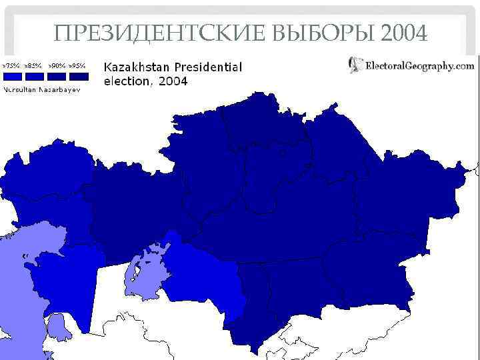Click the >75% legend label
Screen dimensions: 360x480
coord(11,66)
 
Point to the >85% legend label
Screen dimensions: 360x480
coord(33,66)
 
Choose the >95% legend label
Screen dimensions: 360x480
coord(78,66)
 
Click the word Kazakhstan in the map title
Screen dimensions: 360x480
coord(137,67)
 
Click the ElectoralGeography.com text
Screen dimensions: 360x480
coord(420,65)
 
